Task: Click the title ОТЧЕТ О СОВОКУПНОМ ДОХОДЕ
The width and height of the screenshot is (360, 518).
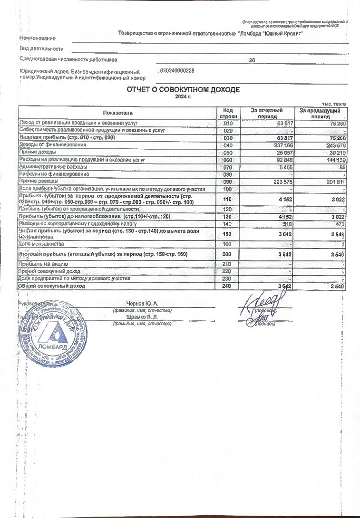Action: coord(183,90)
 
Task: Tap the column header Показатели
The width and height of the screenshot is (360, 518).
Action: coord(117,113)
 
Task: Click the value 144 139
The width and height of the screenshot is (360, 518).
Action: coord(334,160)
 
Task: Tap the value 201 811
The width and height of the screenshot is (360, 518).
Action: coord(334,182)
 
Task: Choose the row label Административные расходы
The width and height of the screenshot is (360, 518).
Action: coord(53,167)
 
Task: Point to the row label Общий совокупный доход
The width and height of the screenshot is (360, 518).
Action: coord(52,287)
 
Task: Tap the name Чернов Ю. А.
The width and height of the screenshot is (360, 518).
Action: coord(142,303)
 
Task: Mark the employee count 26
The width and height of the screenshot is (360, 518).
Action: coord(252,60)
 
